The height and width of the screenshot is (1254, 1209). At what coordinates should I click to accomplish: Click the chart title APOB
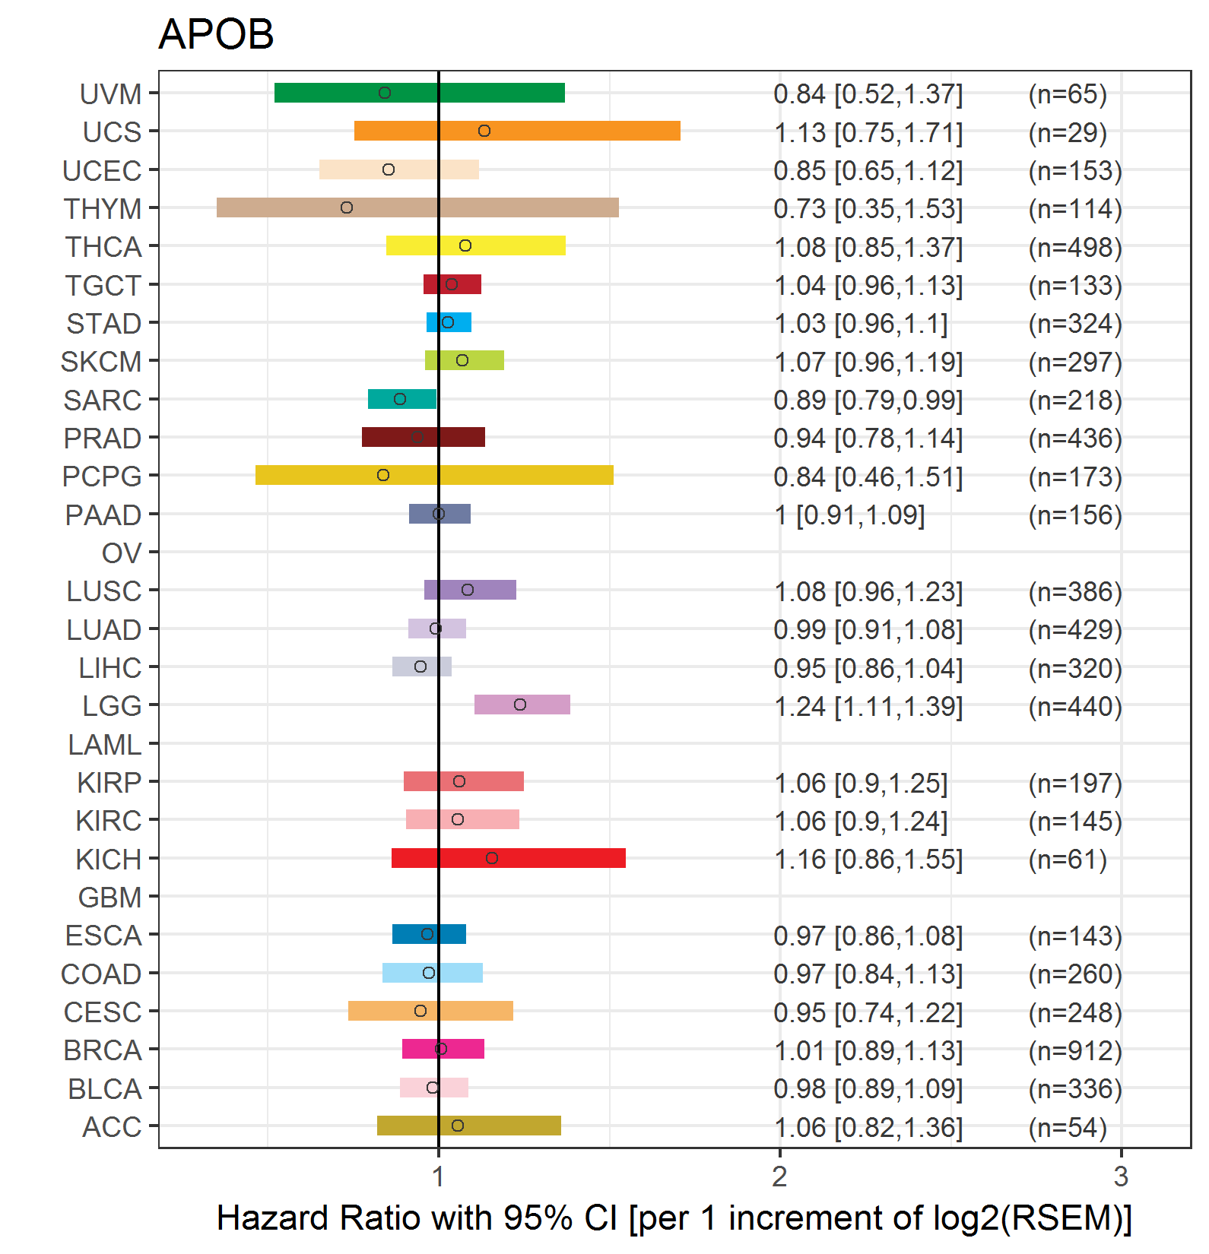[216, 34]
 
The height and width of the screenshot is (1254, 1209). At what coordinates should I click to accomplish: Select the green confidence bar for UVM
[420, 93]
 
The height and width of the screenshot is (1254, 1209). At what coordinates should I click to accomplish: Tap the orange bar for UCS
[517, 131]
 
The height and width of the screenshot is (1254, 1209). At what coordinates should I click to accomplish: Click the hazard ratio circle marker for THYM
[347, 207]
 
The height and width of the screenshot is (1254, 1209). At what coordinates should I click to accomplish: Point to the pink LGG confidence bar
[522, 705]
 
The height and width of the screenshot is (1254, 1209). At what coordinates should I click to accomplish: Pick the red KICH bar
[509, 858]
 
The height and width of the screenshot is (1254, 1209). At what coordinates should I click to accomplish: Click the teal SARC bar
[402, 399]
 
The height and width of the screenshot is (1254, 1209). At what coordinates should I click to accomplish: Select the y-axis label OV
[122, 553]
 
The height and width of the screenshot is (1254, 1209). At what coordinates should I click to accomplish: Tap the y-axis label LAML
[105, 745]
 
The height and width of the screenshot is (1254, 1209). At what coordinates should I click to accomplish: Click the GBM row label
[110, 898]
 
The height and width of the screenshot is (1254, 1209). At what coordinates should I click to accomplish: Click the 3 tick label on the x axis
[1121, 1176]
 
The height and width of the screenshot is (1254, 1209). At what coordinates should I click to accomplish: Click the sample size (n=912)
[1075, 1050]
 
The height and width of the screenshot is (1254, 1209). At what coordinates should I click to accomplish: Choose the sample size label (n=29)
[1068, 132]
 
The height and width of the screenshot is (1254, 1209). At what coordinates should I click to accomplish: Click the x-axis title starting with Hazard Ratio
[674, 1218]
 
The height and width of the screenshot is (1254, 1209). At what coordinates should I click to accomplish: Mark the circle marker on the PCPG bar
[383, 475]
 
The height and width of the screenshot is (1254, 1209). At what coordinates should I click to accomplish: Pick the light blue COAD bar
[433, 973]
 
